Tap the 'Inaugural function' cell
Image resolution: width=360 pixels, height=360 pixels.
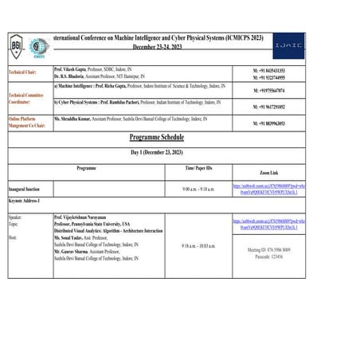tap(23, 189)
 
